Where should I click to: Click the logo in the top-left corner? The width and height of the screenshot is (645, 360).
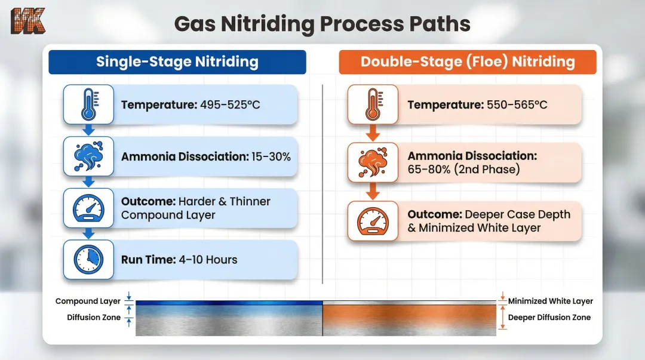[x=28, y=21]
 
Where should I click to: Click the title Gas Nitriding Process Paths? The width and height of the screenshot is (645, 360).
[x=322, y=24]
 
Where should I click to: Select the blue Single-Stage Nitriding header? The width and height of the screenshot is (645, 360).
[x=177, y=62]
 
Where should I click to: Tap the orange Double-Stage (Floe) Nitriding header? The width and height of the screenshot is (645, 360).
[x=468, y=62]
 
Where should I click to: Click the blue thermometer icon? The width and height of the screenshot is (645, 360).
[x=89, y=104]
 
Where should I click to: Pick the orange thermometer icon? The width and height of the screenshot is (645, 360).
[x=373, y=104]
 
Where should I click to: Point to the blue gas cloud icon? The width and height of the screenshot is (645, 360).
[x=89, y=156]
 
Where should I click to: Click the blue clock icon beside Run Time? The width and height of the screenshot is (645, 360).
[x=89, y=260]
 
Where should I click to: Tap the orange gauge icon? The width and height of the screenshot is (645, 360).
[x=373, y=221]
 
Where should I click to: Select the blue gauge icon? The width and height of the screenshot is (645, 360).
[x=89, y=208]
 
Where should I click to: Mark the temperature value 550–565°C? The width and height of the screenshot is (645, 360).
[x=515, y=105]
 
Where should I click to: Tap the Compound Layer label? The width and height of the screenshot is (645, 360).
[x=88, y=301]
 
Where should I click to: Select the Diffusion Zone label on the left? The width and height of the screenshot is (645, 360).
[x=94, y=318]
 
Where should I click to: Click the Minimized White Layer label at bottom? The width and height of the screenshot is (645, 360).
[x=550, y=301]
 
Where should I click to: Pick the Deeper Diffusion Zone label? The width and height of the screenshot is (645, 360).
[x=549, y=318]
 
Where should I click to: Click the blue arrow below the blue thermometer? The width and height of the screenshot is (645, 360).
[x=89, y=130]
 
